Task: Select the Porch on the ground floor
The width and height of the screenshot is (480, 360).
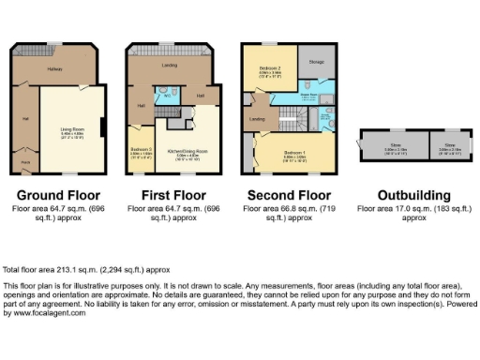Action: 25,163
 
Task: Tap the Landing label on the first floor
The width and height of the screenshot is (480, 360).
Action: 170,66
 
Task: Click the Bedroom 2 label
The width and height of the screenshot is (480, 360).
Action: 269,69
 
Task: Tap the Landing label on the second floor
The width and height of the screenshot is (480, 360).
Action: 257,119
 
